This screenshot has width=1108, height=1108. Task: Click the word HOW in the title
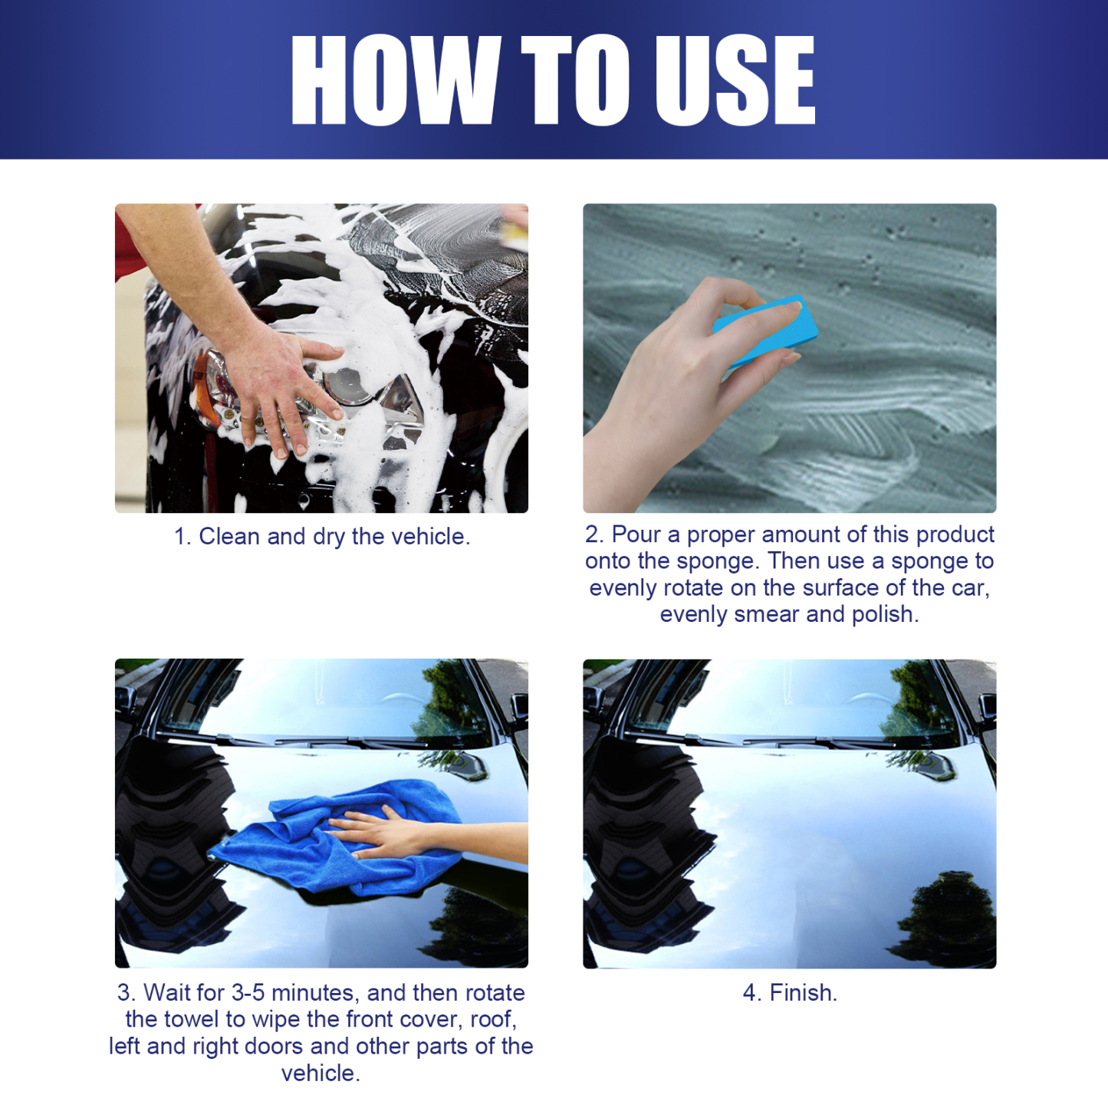click(395, 80)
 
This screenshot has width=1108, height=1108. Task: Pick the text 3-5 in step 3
click(248, 993)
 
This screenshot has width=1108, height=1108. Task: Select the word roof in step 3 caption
click(492, 1020)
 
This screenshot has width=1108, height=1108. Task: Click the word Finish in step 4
click(802, 993)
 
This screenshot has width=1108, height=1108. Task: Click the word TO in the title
click(575, 80)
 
